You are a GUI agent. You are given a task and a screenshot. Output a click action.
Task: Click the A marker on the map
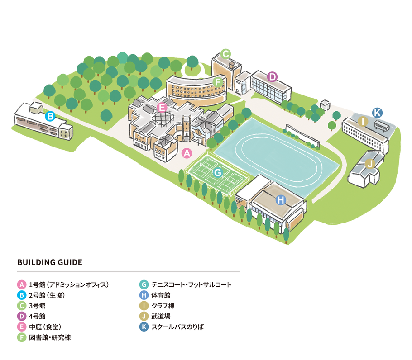pos(187,153)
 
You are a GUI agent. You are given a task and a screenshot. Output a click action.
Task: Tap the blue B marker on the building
pos(50,116)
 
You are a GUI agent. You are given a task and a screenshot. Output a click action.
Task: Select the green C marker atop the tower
pos(225,54)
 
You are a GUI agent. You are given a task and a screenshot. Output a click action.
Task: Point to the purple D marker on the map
pos(273,77)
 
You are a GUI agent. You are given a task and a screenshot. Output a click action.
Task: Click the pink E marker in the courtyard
pos(162,107)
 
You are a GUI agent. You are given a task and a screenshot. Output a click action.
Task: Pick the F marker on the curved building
pos(218,82)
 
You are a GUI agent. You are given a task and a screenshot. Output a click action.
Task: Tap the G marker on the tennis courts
pos(218,172)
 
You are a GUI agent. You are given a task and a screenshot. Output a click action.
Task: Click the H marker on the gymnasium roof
pos(281,200)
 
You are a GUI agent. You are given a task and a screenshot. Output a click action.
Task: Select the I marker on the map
pos(363,122)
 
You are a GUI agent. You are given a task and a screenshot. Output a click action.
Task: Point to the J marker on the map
pos(370,164)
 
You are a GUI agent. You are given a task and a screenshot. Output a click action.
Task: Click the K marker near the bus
pos(377,113)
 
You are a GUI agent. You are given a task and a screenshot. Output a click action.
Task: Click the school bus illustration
pos(382,126)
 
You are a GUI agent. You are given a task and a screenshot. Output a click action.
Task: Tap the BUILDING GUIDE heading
pos(50,262)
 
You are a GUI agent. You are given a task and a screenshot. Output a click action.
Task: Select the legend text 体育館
pos(161,295)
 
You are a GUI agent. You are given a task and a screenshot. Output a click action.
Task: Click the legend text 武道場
pos(161,316)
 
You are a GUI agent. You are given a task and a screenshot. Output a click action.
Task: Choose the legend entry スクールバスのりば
pos(177,327)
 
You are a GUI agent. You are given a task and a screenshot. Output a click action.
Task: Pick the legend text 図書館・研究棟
pos(50,337)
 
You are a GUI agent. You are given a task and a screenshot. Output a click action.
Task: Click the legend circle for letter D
pos(22,316)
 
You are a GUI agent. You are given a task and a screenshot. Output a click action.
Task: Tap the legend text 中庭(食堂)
pos(45,327)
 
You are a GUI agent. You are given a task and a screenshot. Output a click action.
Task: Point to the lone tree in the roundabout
pos(192,62)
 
